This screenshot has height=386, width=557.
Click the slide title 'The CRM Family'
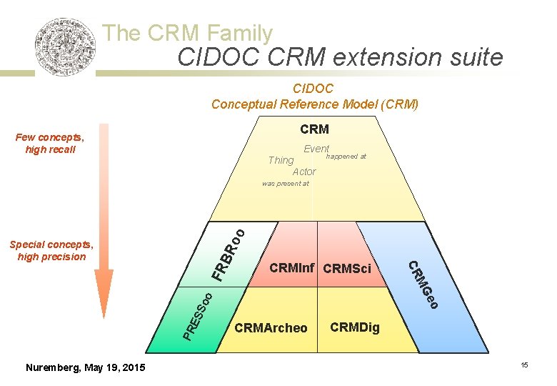(x=187, y=33)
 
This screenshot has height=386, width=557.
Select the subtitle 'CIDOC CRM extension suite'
(x=340, y=57)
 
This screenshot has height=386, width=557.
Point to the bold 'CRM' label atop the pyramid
(x=314, y=129)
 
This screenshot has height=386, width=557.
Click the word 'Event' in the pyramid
(x=316, y=149)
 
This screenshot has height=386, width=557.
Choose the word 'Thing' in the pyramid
(x=281, y=160)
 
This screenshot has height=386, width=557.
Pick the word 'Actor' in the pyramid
(x=304, y=172)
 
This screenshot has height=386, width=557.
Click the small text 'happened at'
(x=346, y=157)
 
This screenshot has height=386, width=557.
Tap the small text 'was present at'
(x=286, y=184)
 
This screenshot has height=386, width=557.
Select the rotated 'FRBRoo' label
(x=229, y=254)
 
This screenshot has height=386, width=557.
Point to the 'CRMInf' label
(x=292, y=269)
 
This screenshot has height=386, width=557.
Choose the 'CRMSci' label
(x=347, y=269)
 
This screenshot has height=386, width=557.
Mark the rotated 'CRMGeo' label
(x=422, y=285)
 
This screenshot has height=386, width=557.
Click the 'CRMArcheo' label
(x=271, y=328)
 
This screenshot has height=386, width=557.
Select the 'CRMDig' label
(x=355, y=328)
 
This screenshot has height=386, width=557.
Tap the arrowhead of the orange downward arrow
(x=104, y=301)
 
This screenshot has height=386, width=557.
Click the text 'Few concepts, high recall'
(x=49, y=144)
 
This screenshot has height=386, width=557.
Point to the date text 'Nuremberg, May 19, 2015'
(x=85, y=367)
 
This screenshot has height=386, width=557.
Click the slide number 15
(x=524, y=366)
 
